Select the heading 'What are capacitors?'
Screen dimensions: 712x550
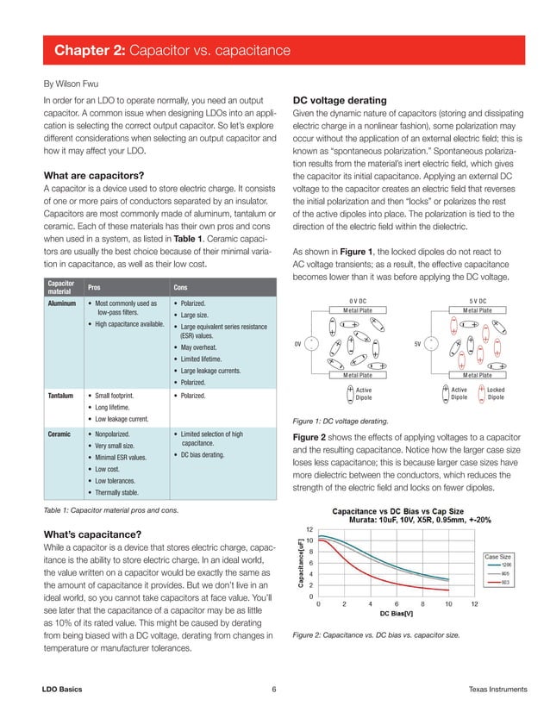(92, 178)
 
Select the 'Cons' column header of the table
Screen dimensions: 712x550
(182, 286)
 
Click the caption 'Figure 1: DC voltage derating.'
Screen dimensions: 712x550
(341, 421)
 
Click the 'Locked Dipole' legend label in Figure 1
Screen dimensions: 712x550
(496, 394)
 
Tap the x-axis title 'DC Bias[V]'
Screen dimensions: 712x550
(397, 615)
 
